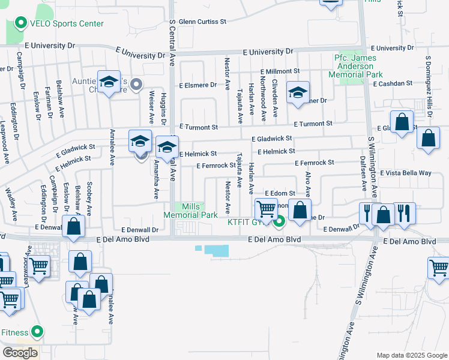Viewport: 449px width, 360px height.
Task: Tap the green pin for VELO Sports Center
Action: pos(20,24)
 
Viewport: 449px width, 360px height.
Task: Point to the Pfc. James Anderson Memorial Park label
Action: pos(358,66)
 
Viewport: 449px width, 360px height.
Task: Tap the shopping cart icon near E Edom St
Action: pos(266,209)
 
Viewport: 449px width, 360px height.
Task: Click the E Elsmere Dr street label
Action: pos(197,85)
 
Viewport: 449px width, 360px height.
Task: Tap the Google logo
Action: pos(20,353)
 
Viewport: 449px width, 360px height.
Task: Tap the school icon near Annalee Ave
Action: pos(109,83)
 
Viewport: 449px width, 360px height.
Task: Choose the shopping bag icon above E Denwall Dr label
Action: pos(74,227)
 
